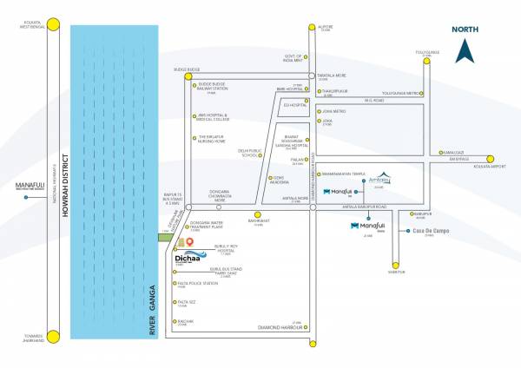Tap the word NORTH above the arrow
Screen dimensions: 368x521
tap(465, 30)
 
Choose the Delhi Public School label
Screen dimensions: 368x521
tap(249, 153)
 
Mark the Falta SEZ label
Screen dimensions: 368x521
tap(185, 305)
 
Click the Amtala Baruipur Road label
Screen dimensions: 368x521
tap(365, 207)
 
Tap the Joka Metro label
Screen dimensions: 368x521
tap(333, 111)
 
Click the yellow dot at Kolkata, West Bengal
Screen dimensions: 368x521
tap(53, 26)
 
